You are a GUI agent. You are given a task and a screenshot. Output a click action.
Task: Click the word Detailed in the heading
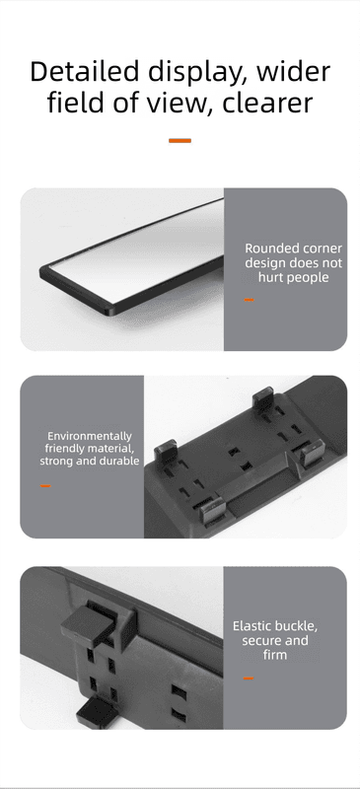coord(84,71)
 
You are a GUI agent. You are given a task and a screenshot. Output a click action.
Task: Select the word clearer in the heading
coord(267,103)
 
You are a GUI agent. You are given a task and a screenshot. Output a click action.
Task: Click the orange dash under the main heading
coord(180,141)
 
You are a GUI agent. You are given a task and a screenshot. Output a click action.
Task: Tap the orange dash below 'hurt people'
coord(250,300)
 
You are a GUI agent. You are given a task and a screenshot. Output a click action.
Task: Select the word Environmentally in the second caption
coord(89,436)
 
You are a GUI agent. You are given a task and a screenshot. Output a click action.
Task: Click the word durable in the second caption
coord(118,461)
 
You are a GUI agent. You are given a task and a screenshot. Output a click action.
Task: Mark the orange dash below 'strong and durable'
coord(45,486)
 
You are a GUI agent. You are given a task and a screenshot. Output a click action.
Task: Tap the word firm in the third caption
coord(275,655)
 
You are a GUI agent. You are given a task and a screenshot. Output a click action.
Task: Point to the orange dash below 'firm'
coord(249,679)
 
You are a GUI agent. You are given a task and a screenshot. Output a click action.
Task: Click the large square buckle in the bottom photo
coord(88,625)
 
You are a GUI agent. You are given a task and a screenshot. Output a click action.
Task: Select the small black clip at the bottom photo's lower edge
coord(96,711)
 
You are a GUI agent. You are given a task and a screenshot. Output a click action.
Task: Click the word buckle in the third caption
coord(297,626)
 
